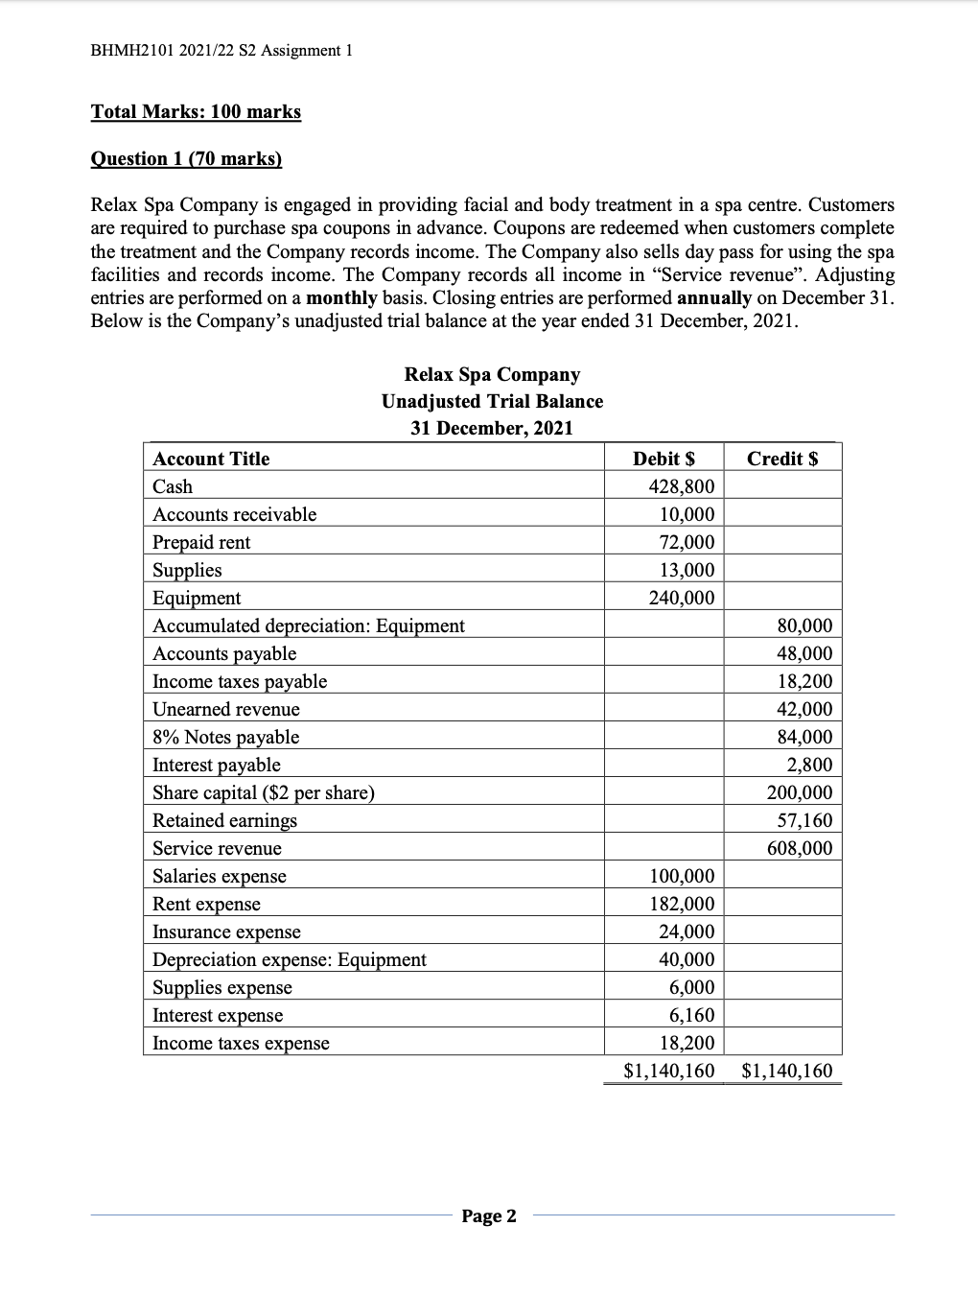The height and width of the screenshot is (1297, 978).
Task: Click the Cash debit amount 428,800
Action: (x=682, y=486)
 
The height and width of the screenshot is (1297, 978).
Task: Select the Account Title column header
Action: (x=211, y=459)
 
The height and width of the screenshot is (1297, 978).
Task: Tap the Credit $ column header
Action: (x=782, y=459)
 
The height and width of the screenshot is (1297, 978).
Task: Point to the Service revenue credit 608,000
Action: (x=800, y=848)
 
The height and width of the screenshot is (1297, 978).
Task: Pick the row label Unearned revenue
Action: (x=226, y=709)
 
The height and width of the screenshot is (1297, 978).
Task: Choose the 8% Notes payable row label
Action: (x=226, y=737)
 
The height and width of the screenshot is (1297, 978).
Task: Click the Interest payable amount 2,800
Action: (x=810, y=765)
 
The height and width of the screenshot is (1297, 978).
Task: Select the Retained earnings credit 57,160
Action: (x=804, y=820)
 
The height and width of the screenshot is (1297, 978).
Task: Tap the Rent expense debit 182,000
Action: (x=682, y=904)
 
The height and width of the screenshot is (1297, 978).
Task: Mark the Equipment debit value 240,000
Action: (x=682, y=598)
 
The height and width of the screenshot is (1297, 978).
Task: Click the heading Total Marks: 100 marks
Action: (x=196, y=111)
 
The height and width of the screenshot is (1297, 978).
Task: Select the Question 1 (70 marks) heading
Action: (x=186, y=158)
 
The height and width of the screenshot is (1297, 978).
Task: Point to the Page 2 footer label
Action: (x=489, y=1216)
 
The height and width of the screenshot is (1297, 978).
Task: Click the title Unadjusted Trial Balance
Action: (x=492, y=401)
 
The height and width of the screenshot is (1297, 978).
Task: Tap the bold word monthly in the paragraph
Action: (x=342, y=297)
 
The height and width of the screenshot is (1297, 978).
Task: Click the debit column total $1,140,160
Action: (x=668, y=1071)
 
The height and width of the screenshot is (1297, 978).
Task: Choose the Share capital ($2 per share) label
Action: (x=264, y=792)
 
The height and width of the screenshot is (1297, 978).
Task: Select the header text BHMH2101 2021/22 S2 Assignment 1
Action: (x=221, y=50)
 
